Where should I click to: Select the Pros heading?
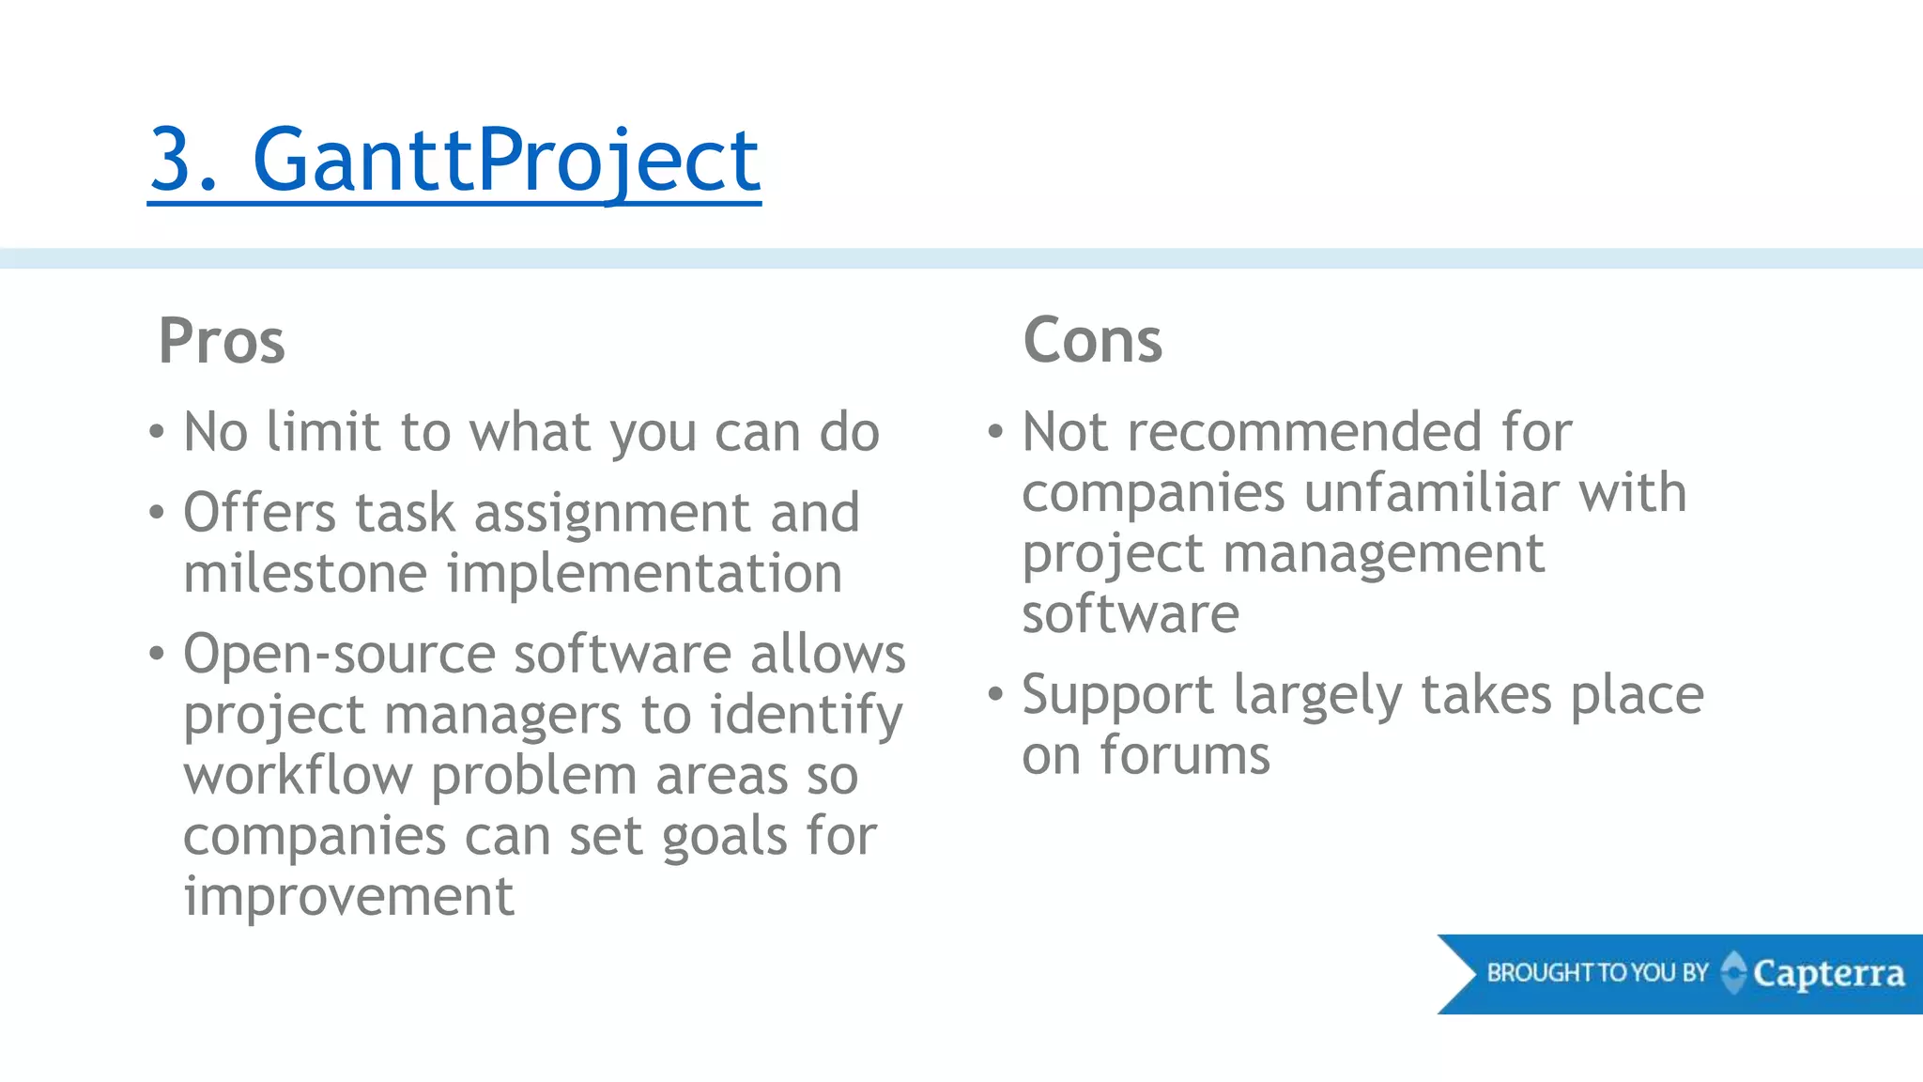point(222,341)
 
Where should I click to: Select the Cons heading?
point(1092,340)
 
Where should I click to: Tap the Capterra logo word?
point(1828,974)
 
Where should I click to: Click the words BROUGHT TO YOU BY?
point(1596,973)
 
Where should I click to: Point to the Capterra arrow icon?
point(1733,973)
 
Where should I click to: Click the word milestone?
point(305,574)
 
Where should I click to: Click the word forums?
point(1184,755)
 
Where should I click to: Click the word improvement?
point(348,897)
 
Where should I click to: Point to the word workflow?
point(298,776)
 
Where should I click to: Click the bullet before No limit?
point(156,433)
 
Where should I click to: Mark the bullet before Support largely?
point(995,695)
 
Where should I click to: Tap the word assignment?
point(612,514)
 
